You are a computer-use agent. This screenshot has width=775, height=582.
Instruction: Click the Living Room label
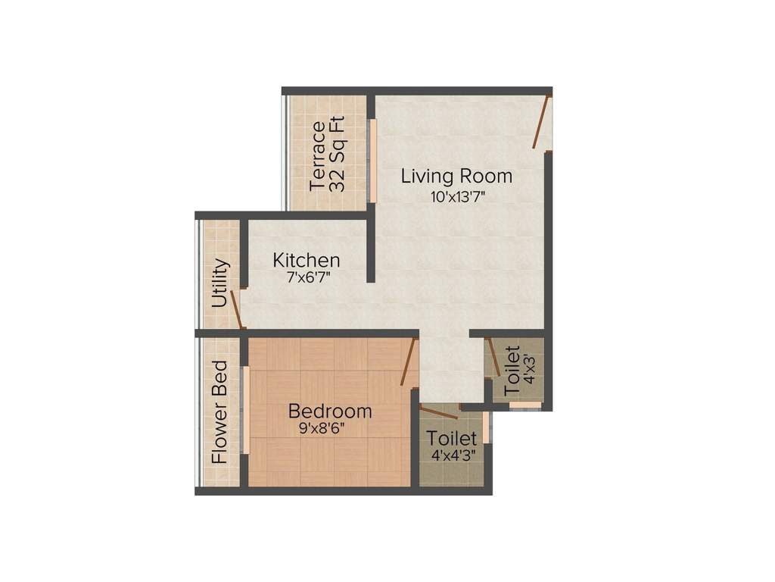456,177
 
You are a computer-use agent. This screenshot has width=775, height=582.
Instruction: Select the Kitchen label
307,260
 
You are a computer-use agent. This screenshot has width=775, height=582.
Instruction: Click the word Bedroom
330,411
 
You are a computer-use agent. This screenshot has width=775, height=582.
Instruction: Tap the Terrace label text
319,155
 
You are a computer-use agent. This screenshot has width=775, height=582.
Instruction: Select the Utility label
220,283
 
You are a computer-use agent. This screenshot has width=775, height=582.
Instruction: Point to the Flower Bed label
219,411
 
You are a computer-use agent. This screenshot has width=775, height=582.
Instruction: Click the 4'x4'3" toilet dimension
451,457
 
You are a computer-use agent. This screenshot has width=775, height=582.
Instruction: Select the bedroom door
409,363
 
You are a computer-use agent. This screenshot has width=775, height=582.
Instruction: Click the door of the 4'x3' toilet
493,357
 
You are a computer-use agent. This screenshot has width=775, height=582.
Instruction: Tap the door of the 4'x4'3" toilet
440,413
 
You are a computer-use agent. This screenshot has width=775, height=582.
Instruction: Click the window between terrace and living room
372,159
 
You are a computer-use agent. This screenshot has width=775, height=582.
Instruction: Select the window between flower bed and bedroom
245,410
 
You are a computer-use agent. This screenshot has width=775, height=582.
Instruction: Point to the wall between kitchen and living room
371,250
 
